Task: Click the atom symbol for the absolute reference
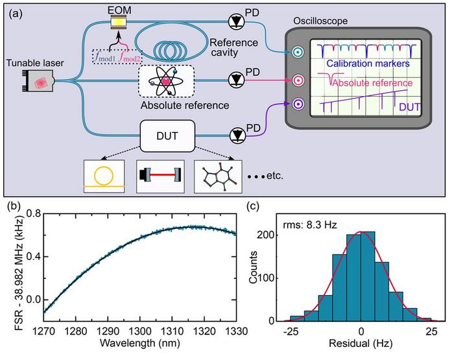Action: point(166,82)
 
